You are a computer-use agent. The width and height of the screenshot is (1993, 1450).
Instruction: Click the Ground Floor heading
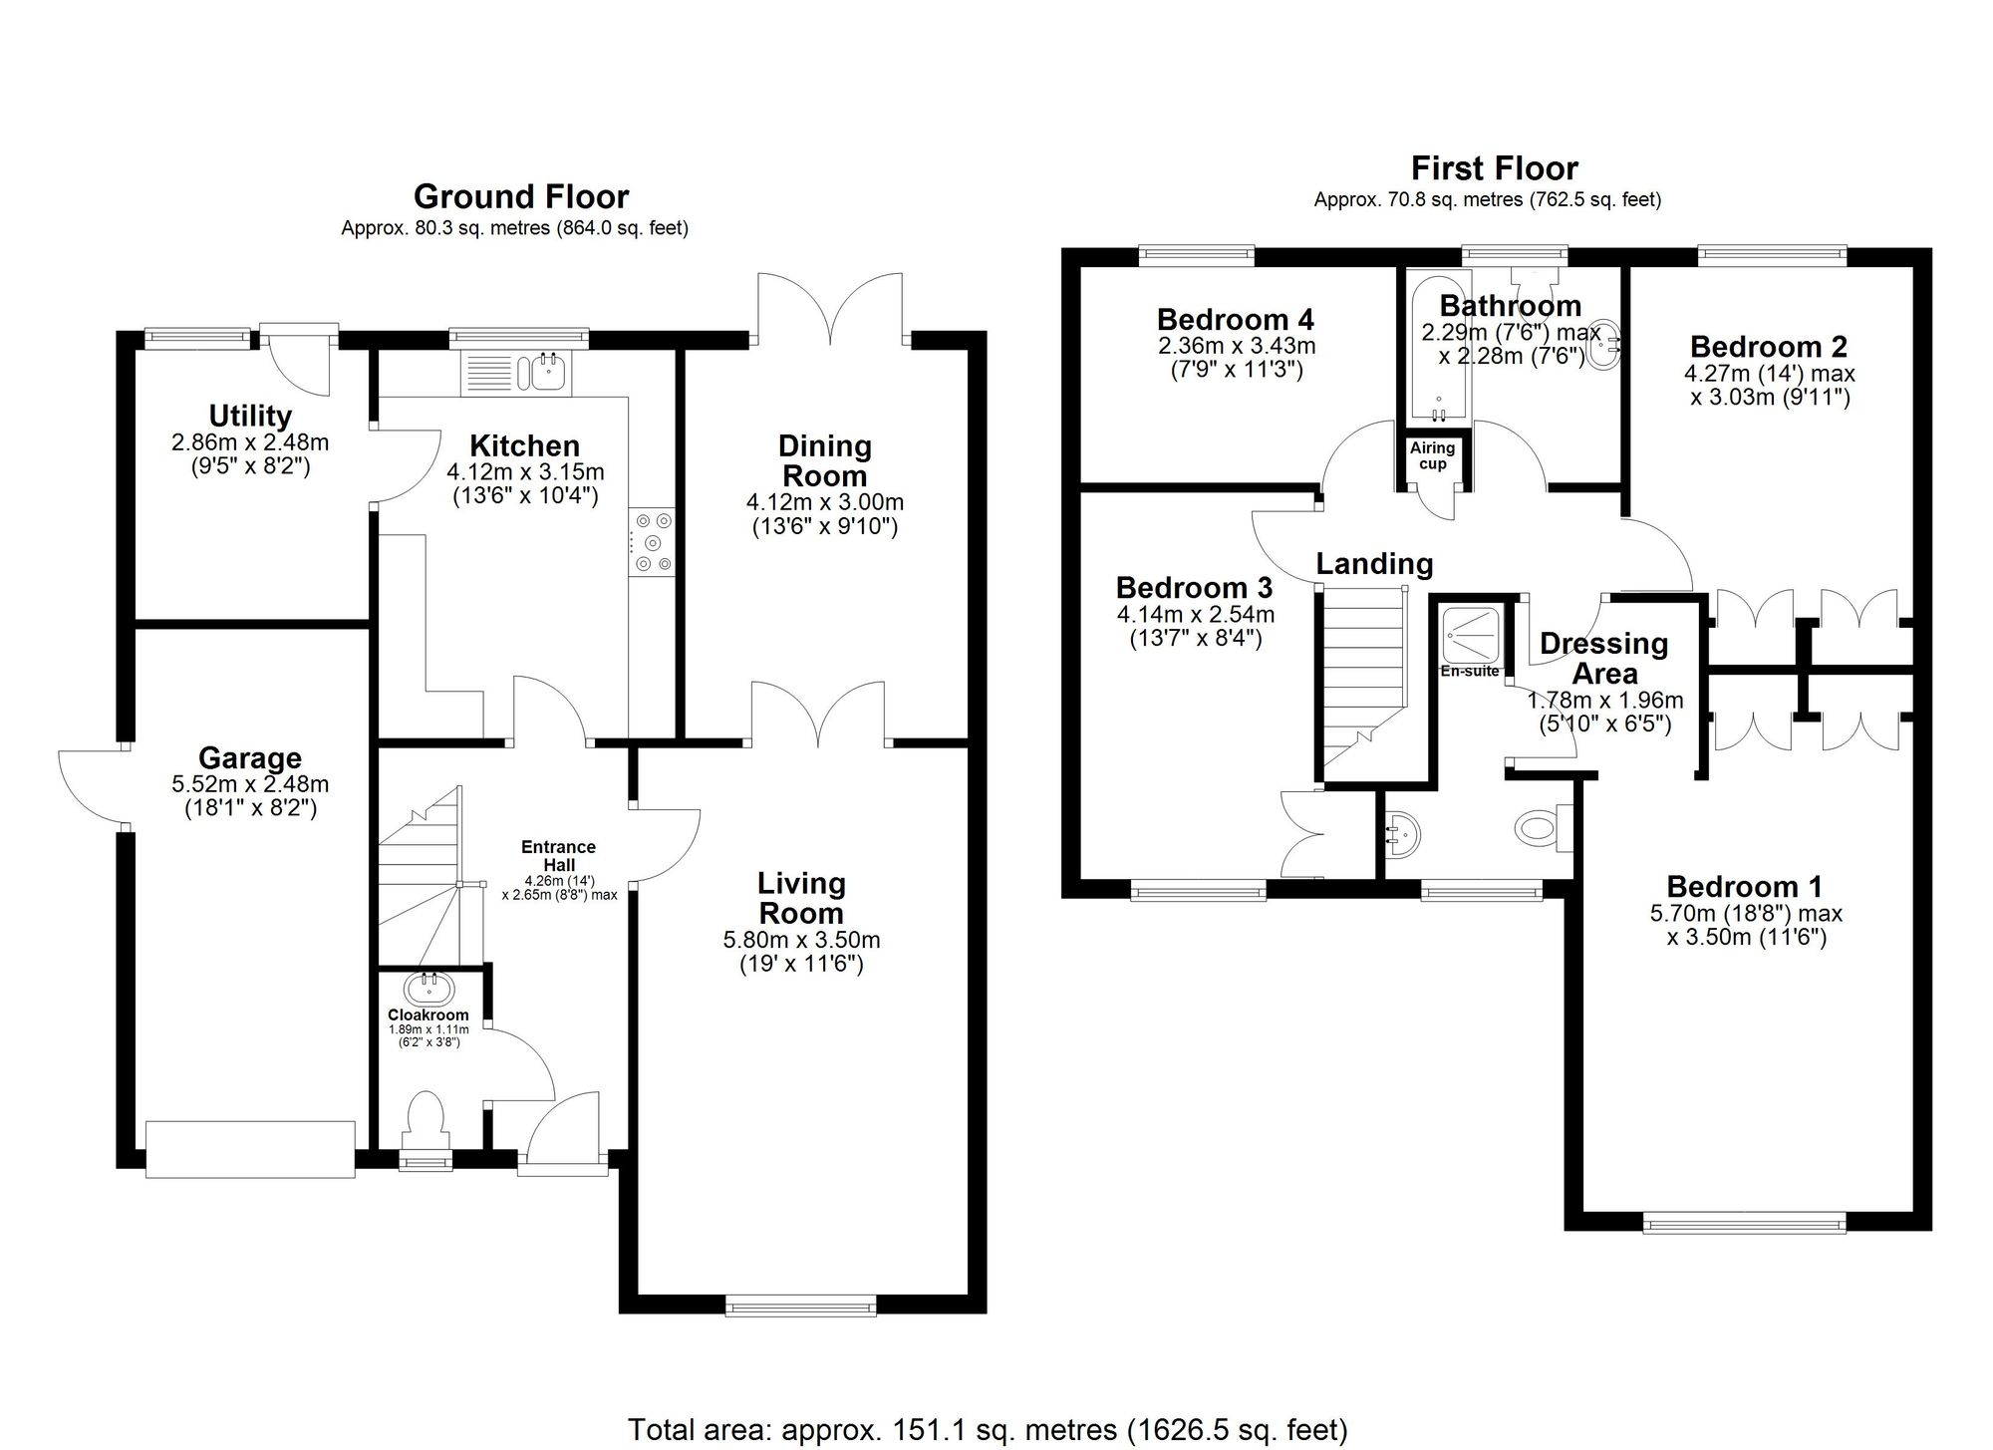tap(521, 196)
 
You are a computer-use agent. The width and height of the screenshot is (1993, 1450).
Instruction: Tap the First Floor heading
tap(1494, 167)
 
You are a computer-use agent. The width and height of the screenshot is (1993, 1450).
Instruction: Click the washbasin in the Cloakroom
tap(429, 989)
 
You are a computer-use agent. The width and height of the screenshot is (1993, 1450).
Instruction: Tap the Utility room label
tap(250, 416)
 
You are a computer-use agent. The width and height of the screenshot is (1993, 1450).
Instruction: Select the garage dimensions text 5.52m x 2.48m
tap(250, 784)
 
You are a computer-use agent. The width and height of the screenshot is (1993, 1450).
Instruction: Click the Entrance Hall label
tap(558, 856)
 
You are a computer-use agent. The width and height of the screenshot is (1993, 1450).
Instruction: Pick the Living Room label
tap(800, 897)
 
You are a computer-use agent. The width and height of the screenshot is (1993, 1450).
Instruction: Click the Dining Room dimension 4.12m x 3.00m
tap(824, 502)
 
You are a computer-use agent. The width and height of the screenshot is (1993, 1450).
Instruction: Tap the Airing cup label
tap(1432, 456)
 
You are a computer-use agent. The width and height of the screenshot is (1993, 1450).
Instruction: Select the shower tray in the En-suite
tap(1471, 635)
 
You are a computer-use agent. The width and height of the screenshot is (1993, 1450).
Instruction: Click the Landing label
tap(1374, 564)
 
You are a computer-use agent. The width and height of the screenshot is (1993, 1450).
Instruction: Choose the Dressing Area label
tap(1603, 658)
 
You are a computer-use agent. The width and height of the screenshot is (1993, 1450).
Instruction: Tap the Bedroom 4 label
tap(1235, 319)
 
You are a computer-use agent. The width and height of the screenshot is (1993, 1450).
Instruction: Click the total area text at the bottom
tap(987, 1429)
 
